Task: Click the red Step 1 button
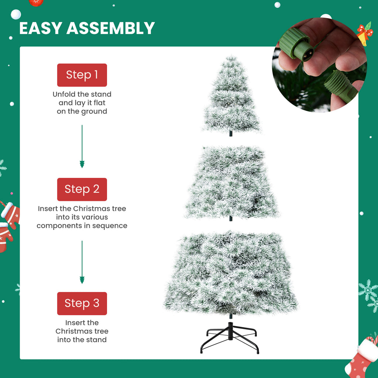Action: pyautogui.click(x=82, y=75)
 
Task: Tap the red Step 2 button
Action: pyautogui.click(x=82, y=189)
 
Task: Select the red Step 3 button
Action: pyautogui.click(x=82, y=303)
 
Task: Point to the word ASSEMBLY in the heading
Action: pyautogui.click(x=111, y=28)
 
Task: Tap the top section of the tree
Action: pyautogui.click(x=231, y=96)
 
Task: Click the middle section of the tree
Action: pyautogui.click(x=231, y=183)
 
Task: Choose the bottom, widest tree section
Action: pyautogui.click(x=231, y=273)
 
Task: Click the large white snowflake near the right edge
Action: pyautogui.click(x=368, y=290)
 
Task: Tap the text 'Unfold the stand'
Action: pyautogui.click(x=82, y=94)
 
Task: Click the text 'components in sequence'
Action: pyautogui.click(x=82, y=226)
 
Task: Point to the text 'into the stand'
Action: pyautogui.click(x=82, y=340)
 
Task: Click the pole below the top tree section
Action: pyautogui.click(x=231, y=134)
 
